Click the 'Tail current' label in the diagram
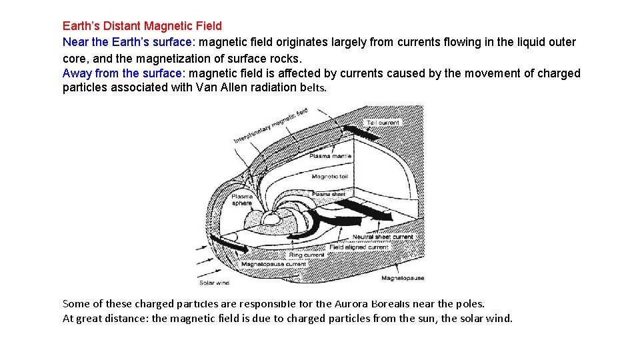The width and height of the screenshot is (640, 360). click(383, 123)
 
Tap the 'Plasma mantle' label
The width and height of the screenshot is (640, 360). click(330, 156)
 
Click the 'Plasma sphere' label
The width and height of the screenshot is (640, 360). click(242, 199)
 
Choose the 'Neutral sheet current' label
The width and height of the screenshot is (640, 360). click(383, 237)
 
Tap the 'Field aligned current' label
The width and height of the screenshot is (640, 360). click(359, 247)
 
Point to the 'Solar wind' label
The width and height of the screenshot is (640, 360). click(215, 283)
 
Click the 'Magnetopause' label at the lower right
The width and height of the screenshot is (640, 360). click(403, 278)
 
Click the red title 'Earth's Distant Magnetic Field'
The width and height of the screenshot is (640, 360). click(142, 26)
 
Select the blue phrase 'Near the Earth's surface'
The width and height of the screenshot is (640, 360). click(127, 42)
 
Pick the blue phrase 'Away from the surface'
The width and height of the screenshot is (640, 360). click(123, 73)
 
